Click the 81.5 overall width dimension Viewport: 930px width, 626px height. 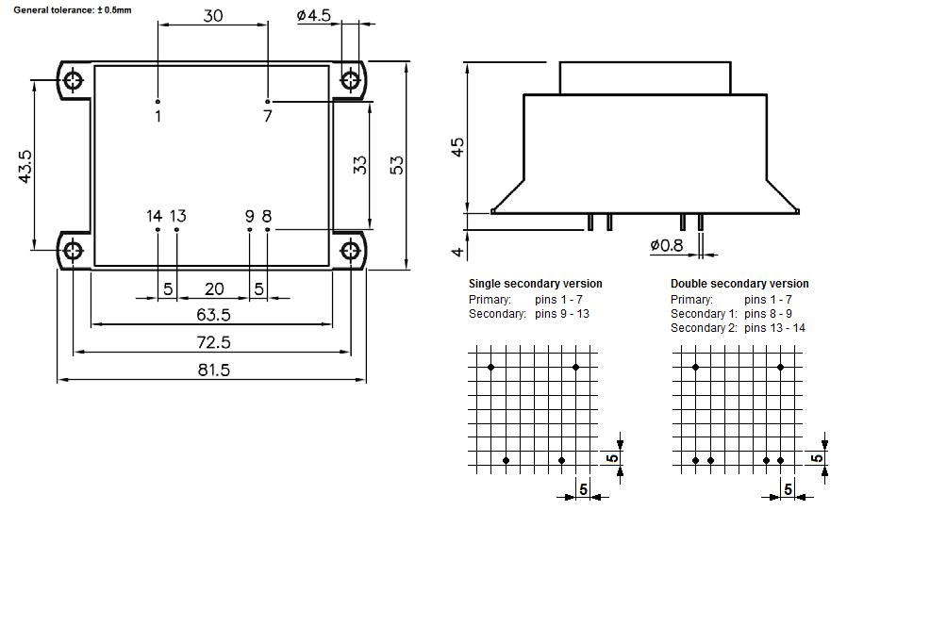pos(213,370)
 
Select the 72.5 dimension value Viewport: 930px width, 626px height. pos(213,342)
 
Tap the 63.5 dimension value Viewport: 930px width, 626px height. pos(213,315)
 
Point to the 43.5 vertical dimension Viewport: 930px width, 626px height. pos(25,166)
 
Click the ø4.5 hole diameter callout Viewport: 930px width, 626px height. pos(313,16)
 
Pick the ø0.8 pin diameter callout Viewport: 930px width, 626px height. pos(667,245)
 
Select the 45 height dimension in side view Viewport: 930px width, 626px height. pos(457,147)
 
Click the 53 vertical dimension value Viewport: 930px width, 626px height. pos(397,164)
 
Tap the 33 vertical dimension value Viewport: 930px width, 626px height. pos(359,165)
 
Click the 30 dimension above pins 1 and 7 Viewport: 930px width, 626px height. pos(213,16)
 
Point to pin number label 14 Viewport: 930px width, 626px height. pos(154,216)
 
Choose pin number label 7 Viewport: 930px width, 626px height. pos(268,116)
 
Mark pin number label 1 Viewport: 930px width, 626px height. pos(158,116)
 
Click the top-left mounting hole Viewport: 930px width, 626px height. pos(74,80)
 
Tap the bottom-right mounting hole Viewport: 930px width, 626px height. pos(351,251)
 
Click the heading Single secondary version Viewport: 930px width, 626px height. pos(535,284)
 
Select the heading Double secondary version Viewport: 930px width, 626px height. pos(739,284)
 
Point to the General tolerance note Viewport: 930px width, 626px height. pos(73,9)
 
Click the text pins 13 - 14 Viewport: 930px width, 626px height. pos(774,328)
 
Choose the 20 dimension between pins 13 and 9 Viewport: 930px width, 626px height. pos(214,288)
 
